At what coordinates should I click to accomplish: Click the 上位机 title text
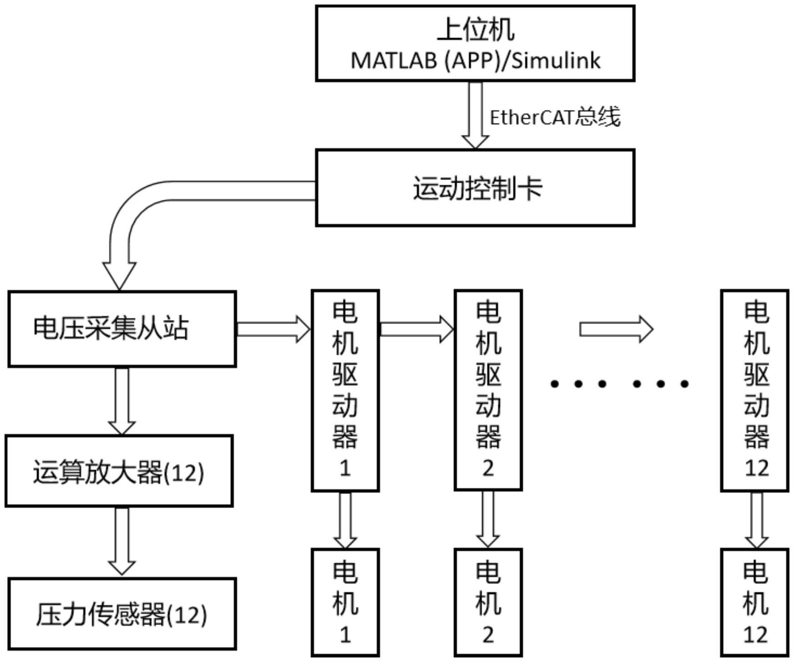(475, 30)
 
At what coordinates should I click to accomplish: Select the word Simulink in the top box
(555, 60)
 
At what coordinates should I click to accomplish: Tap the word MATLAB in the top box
(394, 60)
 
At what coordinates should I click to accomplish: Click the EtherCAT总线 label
(554, 117)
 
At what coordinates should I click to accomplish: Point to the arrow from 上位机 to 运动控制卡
(475, 115)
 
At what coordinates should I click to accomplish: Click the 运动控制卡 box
(475, 188)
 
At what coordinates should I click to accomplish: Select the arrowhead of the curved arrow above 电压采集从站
(120, 274)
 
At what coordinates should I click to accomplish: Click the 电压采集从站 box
(122, 329)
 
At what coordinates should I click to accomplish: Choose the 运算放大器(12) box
(119, 471)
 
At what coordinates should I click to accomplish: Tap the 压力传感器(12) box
(122, 613)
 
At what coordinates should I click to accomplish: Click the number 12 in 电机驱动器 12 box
(756, 468)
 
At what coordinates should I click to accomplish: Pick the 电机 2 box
(488, 602)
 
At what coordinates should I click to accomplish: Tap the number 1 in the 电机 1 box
(345, 634)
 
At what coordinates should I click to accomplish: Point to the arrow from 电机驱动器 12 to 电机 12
(756, 520)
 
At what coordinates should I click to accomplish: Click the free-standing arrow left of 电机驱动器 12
(616, 329)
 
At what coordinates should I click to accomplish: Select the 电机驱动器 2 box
(488, 390)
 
